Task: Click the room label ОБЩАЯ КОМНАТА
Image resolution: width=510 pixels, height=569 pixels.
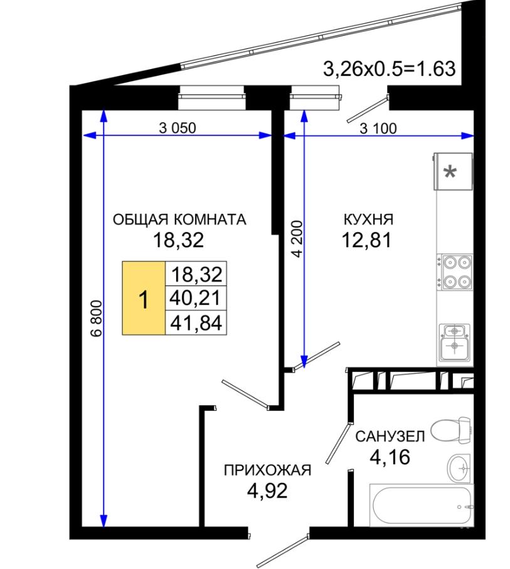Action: coord(179,220)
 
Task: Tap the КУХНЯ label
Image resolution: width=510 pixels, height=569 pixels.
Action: coord(368,220)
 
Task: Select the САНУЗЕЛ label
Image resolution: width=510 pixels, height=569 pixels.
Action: coord(390,436)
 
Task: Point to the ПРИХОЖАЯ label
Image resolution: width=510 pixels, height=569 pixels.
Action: coord(267,470)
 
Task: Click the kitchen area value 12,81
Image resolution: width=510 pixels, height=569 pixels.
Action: coord(367,240)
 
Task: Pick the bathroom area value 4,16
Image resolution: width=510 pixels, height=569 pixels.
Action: coord(390,457)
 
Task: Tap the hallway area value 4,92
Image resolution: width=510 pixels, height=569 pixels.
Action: coord(267,491)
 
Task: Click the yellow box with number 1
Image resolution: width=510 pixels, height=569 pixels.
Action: coord(144,297)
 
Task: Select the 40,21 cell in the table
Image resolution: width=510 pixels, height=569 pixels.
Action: coord(196,298)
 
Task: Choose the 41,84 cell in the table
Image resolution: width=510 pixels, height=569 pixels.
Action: coord(196,322)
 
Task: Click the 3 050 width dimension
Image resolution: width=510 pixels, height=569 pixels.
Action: coord(178,128)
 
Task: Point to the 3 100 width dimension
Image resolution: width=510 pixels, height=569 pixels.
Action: coord(378,128)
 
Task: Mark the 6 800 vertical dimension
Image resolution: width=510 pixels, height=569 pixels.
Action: coord(97,318)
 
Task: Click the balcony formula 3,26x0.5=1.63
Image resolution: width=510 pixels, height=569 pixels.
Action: coord(389,68)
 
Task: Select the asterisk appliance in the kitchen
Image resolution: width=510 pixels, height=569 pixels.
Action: coord(454,171)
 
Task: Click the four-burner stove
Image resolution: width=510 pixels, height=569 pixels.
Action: coord(455,272)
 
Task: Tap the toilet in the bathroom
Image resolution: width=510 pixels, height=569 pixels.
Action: coord(452,430)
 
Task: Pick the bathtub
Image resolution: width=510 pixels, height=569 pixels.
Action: coord(422,505)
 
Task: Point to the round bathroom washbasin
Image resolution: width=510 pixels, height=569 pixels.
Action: coord(459,468)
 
